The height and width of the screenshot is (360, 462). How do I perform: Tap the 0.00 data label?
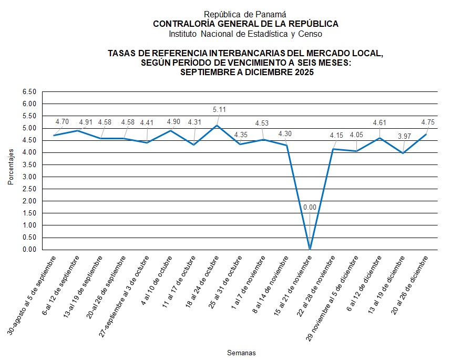(310, 208)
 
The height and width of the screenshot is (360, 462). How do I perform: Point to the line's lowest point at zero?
(310, 250)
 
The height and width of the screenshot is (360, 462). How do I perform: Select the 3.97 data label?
(404, 137)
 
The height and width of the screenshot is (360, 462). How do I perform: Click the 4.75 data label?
(427, 122)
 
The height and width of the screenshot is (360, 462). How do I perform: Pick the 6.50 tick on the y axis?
(29, 91)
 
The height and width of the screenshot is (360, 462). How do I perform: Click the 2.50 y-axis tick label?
(29, 189)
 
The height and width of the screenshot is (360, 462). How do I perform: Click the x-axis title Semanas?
(241, 352)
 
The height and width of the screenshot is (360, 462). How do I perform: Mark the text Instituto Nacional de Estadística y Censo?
(245, 34)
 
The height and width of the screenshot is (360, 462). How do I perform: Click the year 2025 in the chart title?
(303, 73)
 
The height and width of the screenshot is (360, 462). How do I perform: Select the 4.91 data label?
(86, 122)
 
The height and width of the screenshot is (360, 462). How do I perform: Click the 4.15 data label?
(336, 135)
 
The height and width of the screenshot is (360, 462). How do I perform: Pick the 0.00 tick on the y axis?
(29, 250)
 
